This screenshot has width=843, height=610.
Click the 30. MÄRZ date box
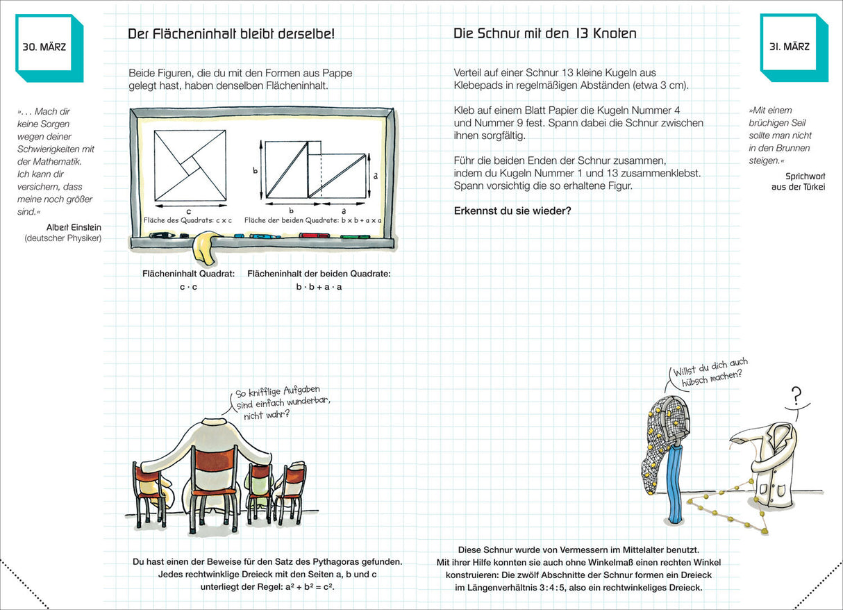44,47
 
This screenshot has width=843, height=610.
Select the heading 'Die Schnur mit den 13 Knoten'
544,33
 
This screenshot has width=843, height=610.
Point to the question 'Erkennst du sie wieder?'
512,211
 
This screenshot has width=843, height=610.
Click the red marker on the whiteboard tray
309,236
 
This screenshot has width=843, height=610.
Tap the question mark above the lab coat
796,396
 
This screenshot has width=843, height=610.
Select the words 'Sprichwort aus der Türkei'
797,181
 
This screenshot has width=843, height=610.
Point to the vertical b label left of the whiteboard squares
254,170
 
